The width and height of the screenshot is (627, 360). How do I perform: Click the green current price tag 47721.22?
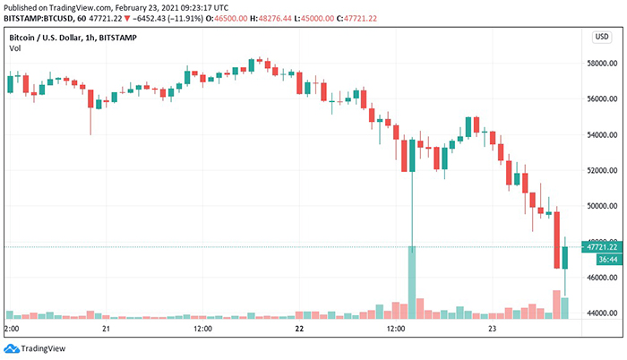click(x=601, y=246)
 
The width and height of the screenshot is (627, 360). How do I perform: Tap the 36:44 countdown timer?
click(x=597, y=258)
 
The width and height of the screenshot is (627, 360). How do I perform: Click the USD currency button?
click(x=602, y=37)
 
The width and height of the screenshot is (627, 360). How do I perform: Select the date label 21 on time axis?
click(x=107, y=330)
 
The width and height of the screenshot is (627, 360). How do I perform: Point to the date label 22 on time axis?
click(x=299, y=330)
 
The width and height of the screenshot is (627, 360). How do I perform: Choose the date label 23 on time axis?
click(x=492, y=330)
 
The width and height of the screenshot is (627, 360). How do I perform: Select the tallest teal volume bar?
click(x=412, y=281)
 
